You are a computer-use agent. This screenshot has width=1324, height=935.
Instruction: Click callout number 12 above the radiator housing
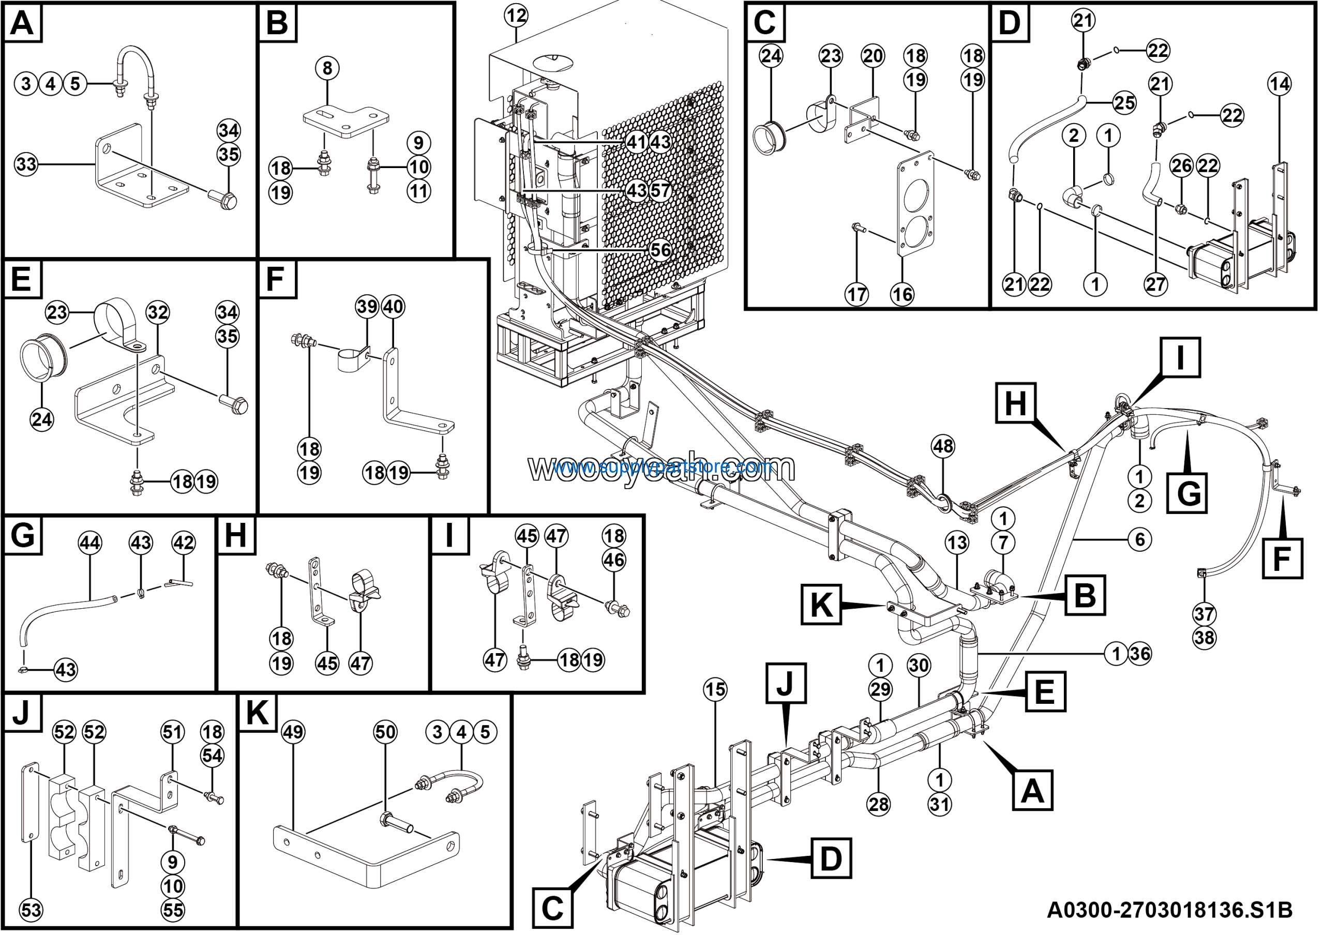pyautogui.click(x=516, y=16)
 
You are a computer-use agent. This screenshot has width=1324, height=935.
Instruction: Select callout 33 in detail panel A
pyautogui.click(x=26, y=164)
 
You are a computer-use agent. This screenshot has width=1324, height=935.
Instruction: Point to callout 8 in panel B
pyautogui.click(x=327, y=69)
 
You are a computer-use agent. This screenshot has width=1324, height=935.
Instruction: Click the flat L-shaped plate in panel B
pyautogui.click(x=345, y=122)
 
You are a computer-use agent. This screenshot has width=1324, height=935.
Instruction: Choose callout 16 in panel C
pyautogui.click(x=902, y=295)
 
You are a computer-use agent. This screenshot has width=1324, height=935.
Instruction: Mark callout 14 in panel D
pyautogui.click(x=1279, y=85)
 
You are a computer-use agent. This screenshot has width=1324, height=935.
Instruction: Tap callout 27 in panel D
pyautogui.click(x=1155, y=284)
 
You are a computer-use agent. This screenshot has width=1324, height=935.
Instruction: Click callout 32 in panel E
pyautogui.click(x=157, y=312)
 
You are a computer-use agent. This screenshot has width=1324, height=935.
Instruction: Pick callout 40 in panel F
pyautogui.click(x=393, y=307)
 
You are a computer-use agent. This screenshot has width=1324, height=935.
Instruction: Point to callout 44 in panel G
pyautogui.click(x=89, y=542)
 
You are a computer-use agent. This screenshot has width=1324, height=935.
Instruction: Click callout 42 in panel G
pyautogui.click(x=184, y=542)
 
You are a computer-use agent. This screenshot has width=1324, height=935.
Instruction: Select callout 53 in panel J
pyautogui.click(x=31, y=910)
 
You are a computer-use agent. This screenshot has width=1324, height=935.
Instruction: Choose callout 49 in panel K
pyautogui.click(x=293, y=732)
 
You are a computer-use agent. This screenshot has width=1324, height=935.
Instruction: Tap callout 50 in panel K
pyautogui.click(x=385, y=732)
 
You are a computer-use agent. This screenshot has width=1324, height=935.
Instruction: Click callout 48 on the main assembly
pyautogui.click(x=943, y=446)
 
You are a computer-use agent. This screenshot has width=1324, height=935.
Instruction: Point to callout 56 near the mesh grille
pyautogui.click(x=660, y=250)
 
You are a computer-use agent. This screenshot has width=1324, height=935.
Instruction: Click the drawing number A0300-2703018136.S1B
pyautogui.click(x=1169, y=910)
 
